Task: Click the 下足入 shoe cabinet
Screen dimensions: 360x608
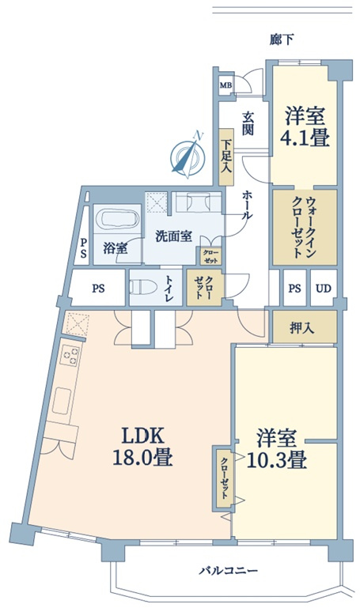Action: coord(226,157)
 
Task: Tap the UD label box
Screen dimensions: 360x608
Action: coord(323,289)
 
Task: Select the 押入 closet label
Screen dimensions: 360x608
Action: coord(302,329)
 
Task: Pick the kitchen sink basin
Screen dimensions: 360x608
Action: coord(63,401)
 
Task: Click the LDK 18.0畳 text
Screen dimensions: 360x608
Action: coord(143,447)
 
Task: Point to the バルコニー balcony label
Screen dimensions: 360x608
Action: coord(229,571)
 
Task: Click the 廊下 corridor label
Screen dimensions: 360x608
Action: coord(282,39)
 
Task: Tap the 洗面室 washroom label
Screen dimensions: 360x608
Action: coord(174,236)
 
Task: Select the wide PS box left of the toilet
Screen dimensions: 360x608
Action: coord(99,288)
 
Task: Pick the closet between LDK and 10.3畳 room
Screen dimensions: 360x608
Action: coord(224,478)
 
